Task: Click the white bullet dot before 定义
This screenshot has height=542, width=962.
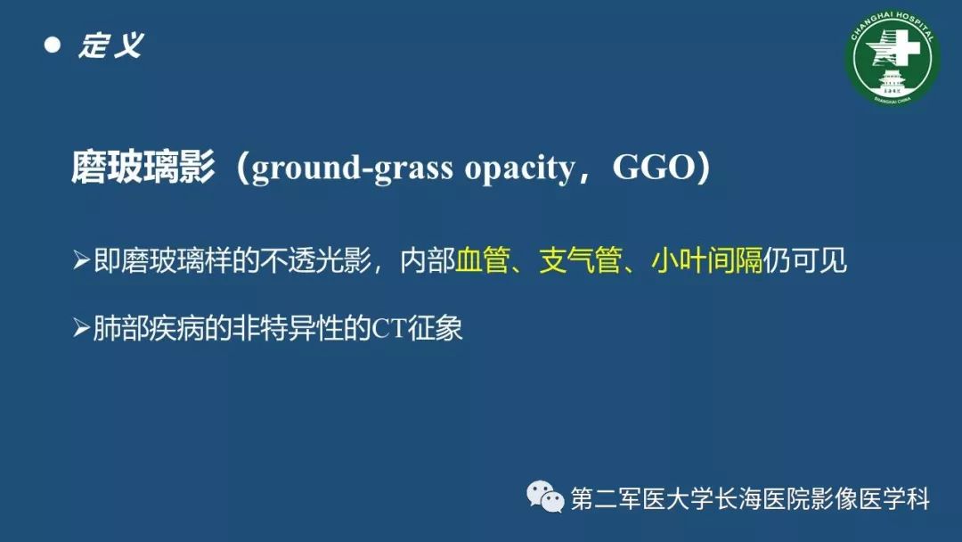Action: tap(53, 45)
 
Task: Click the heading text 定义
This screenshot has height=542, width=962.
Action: tap(111, 45)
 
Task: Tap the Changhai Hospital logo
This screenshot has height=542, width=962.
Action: tap(892, 58)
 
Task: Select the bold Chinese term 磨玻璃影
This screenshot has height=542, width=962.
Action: tap(143, 167)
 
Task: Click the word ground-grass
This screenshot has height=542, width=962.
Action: tap(352, 168)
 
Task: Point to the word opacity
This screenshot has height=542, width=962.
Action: tap(519, 168)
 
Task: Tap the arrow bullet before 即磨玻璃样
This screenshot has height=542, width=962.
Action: tap(82, 260)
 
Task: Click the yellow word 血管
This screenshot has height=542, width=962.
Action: tap(483, 260)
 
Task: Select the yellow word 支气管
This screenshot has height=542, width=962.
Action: tap(581, 260)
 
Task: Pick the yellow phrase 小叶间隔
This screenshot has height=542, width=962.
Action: tap(706, 260)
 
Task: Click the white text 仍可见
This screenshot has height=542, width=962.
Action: tap(805, 260)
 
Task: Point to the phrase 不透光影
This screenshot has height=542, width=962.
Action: tap(315, 260)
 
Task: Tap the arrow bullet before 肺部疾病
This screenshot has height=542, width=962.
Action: tap(82, 328)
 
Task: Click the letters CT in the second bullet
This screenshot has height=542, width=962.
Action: tap(389, 328)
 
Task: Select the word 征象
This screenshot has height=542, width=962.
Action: tap(435, 328)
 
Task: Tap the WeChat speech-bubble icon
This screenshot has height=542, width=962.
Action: tap(545, 497)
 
